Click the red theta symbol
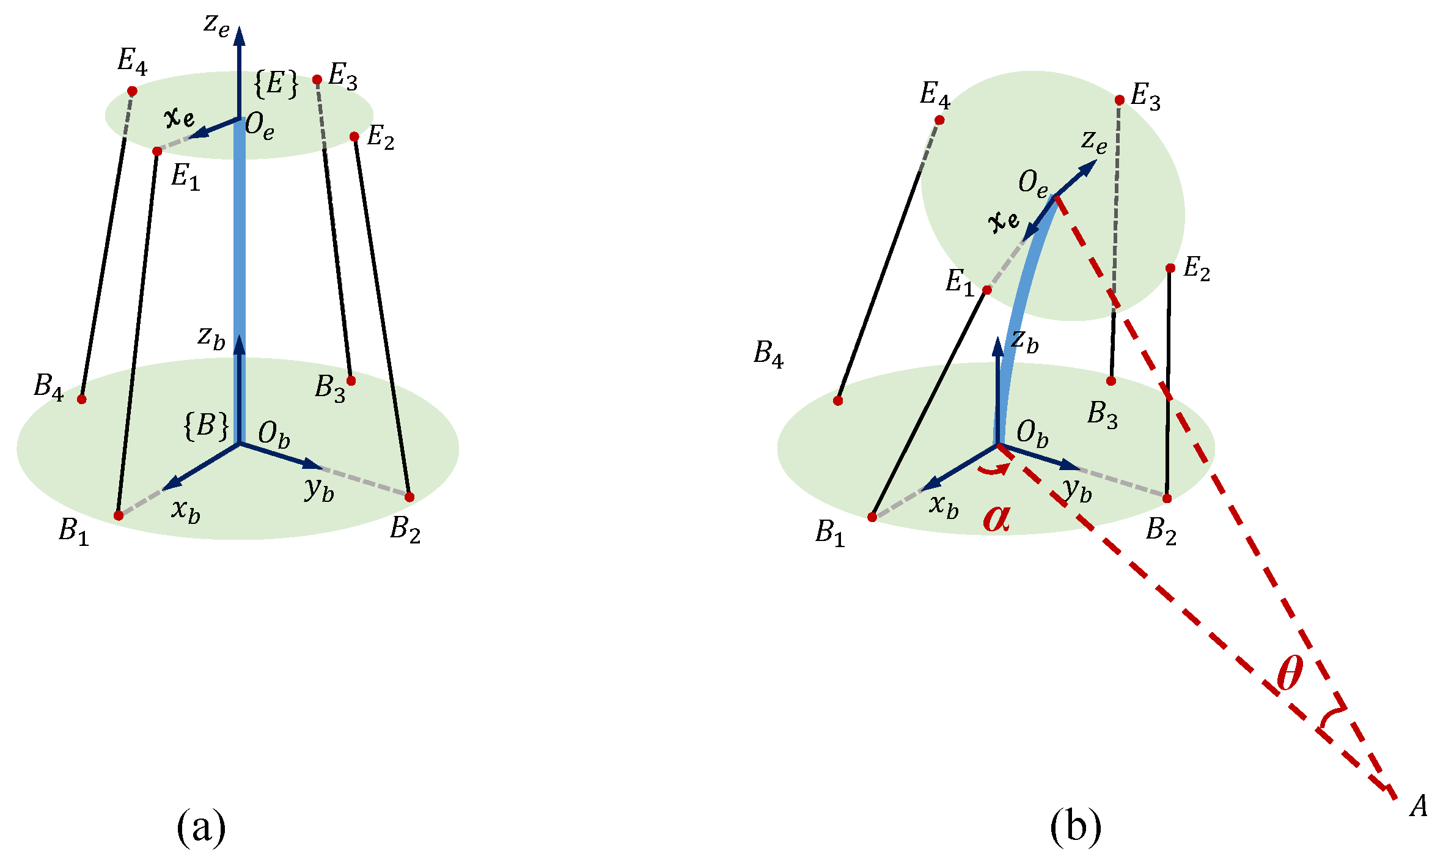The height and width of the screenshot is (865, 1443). (x=1290, y=672)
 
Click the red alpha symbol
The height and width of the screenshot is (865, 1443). (x=996, y=517)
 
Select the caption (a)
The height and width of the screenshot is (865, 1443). (x=201, y=826)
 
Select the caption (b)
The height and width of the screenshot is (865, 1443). (x=1076, y=826)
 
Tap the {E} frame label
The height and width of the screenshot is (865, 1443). (x=276, y=84)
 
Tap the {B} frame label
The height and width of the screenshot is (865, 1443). (x=207, y=425)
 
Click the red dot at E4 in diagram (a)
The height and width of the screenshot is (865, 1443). (x=132, y=91)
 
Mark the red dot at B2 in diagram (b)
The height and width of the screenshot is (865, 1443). (x=1167, y=498)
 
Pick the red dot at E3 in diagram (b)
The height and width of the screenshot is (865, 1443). (x=1120, y=100)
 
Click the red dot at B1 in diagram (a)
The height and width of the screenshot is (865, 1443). (x=119, y=515)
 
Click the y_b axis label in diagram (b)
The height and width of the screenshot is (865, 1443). (x=1077, y=489)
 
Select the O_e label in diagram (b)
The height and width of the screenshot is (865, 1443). (x=1033, y=183)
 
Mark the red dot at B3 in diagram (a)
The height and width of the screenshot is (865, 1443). (x=351, y=381)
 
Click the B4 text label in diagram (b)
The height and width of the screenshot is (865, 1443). (x=768, y=354)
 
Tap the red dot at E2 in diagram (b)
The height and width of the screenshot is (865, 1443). (x=1170, y=268)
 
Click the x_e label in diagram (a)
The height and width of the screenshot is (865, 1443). (x=180, y=116)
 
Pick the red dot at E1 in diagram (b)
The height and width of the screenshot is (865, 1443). (x=987, y=290)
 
